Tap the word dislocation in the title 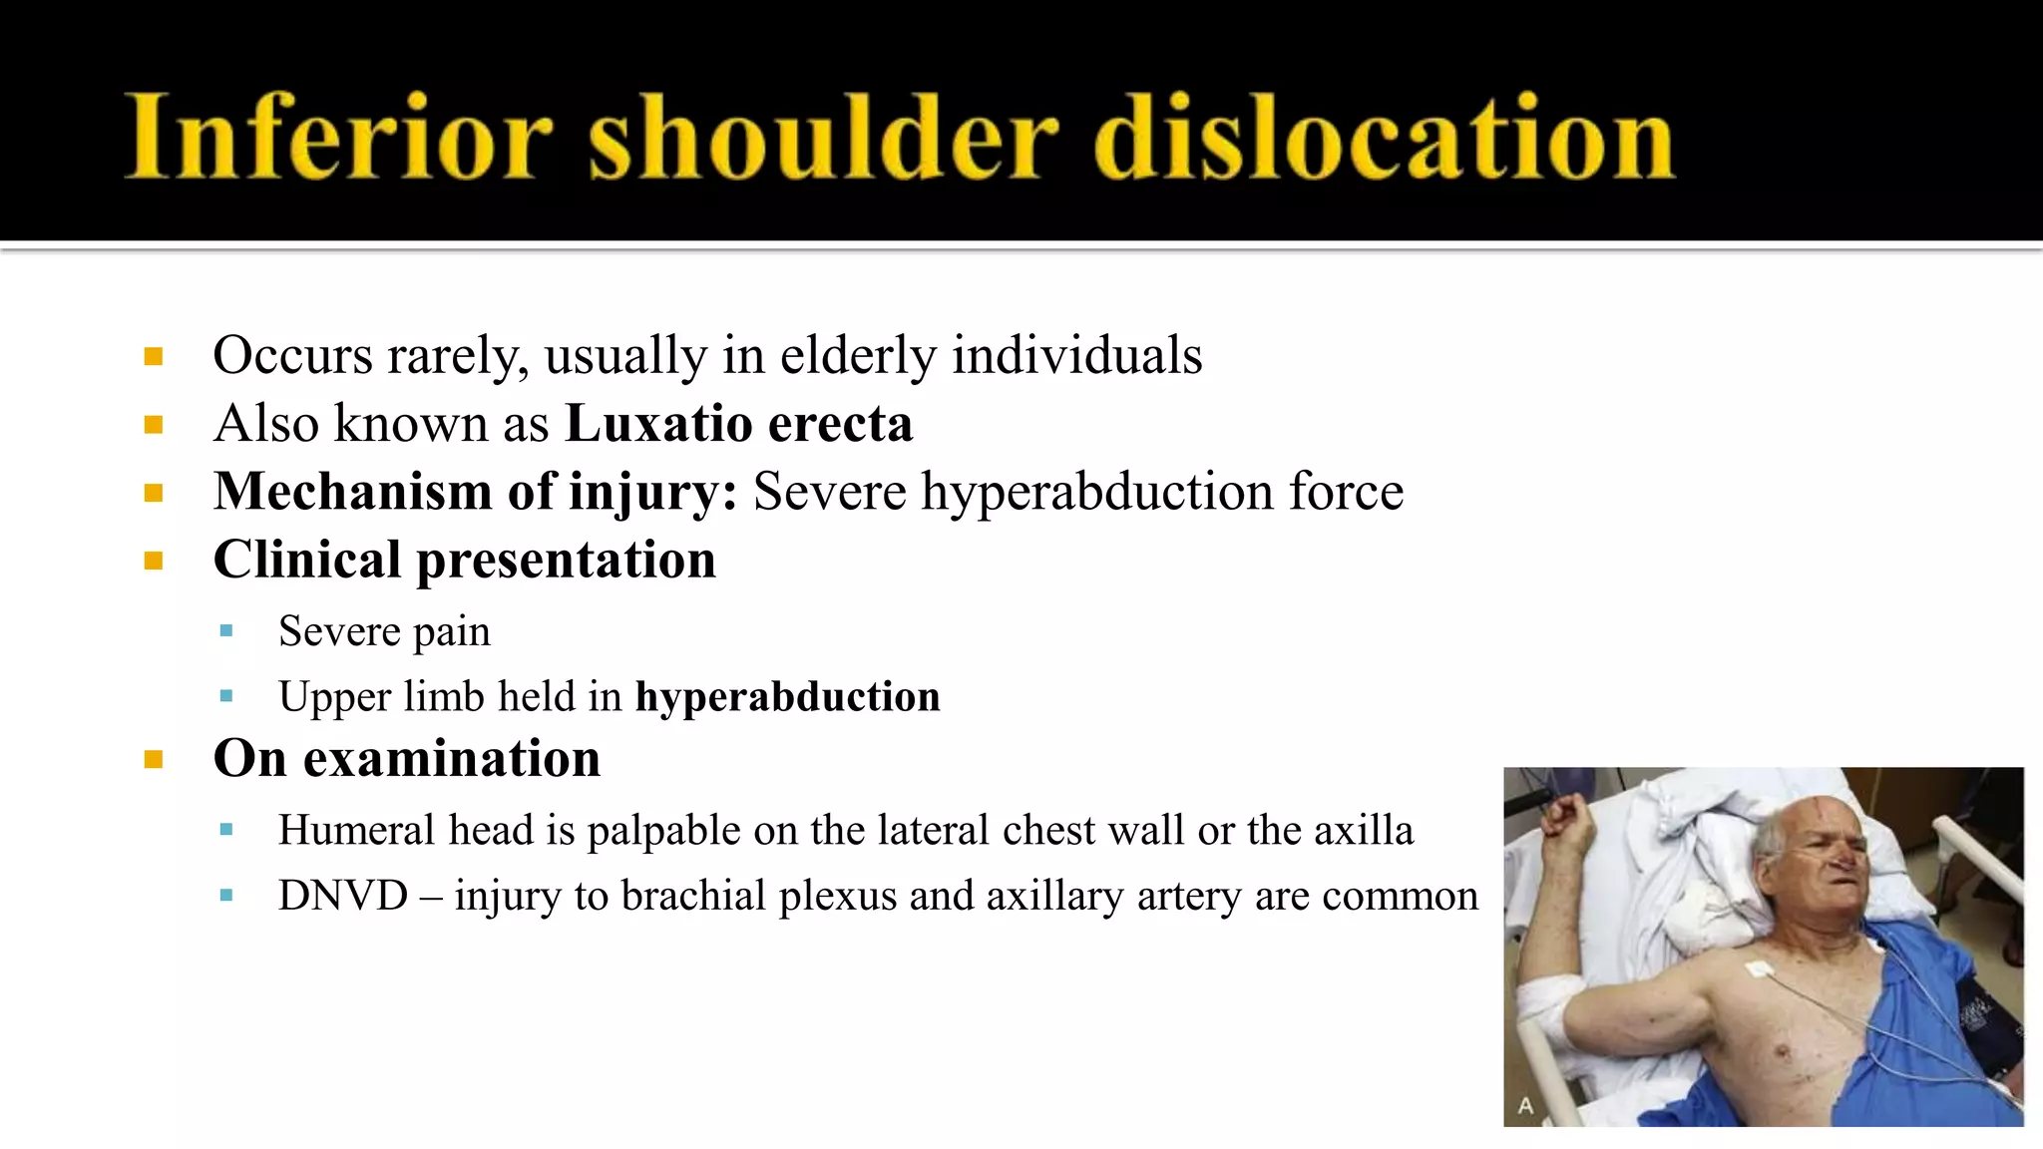click(1385, 138)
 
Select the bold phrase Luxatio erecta click(738, 424)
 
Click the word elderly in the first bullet click(858, 356)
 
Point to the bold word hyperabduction click(787, 697)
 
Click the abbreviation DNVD click(343, 896)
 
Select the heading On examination click(407, 759)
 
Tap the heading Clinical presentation click(464, 560)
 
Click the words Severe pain click(384, 631)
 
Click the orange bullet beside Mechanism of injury click(153, 493)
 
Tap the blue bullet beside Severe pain click(226, 631)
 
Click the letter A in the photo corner click(1525, 1105)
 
